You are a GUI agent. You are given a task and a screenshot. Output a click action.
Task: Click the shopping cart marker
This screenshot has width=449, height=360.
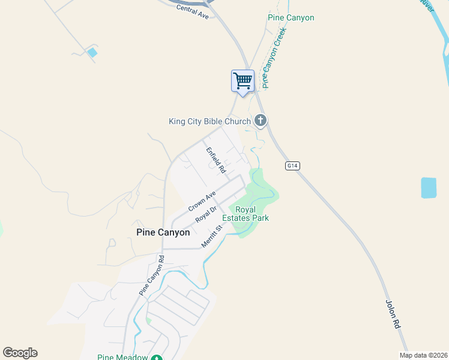(x=243, y=81)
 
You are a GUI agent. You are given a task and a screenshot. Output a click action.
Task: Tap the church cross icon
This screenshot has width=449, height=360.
(x=261, y=121)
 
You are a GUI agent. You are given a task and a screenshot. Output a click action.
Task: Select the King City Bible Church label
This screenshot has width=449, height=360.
(x=209, y=122)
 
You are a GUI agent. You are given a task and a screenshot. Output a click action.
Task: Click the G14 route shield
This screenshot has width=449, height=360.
(x=292, y=166)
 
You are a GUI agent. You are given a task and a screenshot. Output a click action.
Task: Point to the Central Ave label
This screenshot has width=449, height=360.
(x=192, y=13)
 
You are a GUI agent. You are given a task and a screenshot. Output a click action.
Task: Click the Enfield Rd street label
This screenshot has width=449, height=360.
(x=215, y=160)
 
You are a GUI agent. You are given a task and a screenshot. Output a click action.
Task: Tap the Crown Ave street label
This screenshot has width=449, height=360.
(x=202, y=201)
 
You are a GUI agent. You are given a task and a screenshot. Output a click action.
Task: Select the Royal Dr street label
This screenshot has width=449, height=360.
(x=205, y=214)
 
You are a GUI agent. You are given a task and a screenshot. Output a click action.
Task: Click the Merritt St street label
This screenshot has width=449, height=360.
(x=212, y=236)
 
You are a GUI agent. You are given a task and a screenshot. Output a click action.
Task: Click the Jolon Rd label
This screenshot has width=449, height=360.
(x=393, y=313)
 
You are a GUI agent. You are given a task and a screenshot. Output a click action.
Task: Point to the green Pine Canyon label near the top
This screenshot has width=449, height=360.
(x=291, y=18)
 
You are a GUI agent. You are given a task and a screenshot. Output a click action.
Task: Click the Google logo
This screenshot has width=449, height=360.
(x=20, y=353)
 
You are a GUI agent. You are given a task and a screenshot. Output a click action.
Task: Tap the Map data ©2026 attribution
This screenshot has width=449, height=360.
(x=423, y=355)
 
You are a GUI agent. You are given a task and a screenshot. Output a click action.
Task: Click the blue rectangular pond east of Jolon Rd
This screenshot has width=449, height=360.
(x=429, y=188)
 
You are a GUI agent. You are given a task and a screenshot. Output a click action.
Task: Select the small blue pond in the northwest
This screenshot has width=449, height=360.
(x=92, y=53)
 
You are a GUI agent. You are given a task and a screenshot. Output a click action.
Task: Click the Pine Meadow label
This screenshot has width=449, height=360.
(x=122, y=357)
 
